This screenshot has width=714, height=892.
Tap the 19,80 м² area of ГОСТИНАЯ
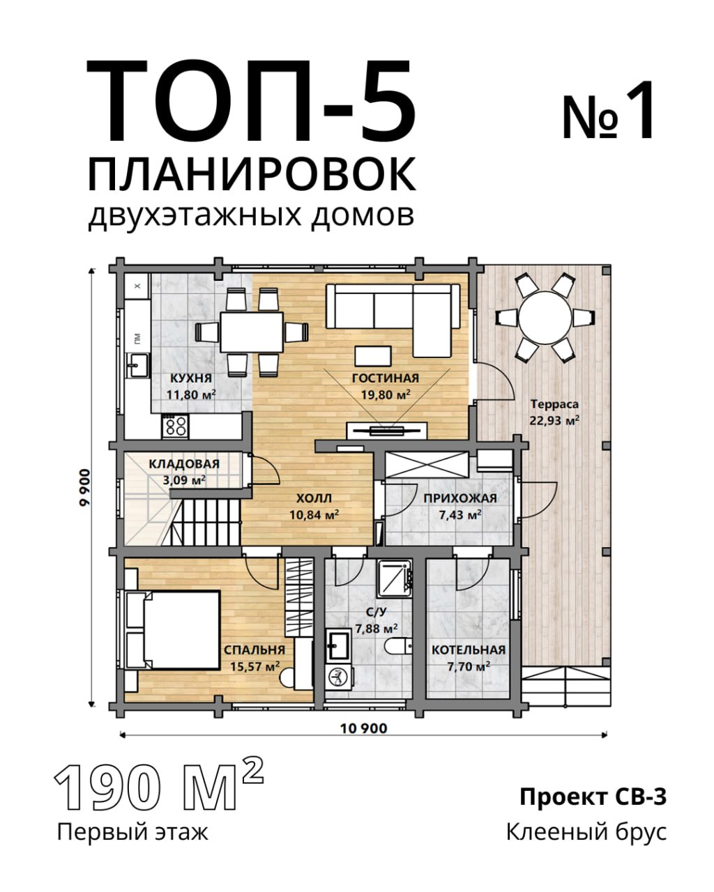click(x=386, y=394)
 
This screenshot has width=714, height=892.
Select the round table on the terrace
click(x=545, y=318)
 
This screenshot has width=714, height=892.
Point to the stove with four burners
click(x=175, y=426)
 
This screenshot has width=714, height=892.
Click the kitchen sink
click(x=138, y=364)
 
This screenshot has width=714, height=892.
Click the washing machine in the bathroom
click(x=339, y=677)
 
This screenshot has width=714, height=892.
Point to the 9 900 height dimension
click(x=84, y=487)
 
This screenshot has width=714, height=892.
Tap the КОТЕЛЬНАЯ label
click(x=469, y=650)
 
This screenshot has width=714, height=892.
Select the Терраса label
click(x=555, y=403)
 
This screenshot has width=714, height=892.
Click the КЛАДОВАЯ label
click(x=184, y=464)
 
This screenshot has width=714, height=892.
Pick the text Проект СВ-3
click(x=593, y=797)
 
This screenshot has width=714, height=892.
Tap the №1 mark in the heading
click(x=608, y=110)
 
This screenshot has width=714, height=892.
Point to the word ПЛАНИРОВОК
click(x=252, y=174)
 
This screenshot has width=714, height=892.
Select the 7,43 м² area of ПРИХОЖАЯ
click(x=460, y=515)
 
